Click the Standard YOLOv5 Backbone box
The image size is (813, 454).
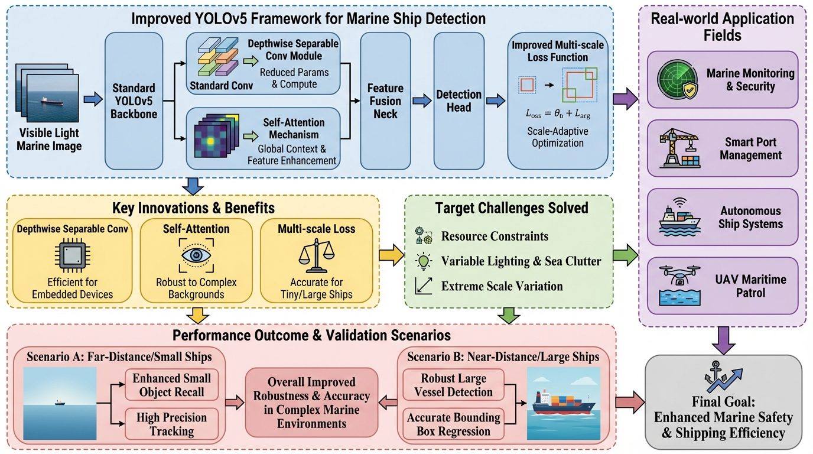click(x=134, y=100)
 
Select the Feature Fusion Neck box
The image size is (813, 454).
click(x=385, y=100)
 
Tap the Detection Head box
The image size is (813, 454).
click(x=458, y=100)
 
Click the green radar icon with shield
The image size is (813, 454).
click(x=677, y=80)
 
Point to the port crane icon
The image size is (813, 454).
click(x=679, y=148)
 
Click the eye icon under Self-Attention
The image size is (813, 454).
click(x=196, y=255)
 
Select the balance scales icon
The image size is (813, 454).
click(x=317, y=255)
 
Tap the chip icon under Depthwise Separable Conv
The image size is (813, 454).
click(x=73, y=255)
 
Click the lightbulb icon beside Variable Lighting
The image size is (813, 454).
click(x=424, y=261)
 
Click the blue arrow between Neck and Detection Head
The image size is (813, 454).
click(x=422, y=100)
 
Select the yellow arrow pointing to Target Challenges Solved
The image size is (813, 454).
click(x=392, y=255)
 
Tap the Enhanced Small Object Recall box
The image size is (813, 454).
click(x=172, y=385)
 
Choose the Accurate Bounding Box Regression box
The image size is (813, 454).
click(x=454, y=424)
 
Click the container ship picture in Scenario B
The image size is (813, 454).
click(x=564, y=404)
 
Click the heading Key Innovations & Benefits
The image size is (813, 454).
click(x=193, y=208)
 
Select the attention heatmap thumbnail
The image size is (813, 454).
click(x=217, y=135)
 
